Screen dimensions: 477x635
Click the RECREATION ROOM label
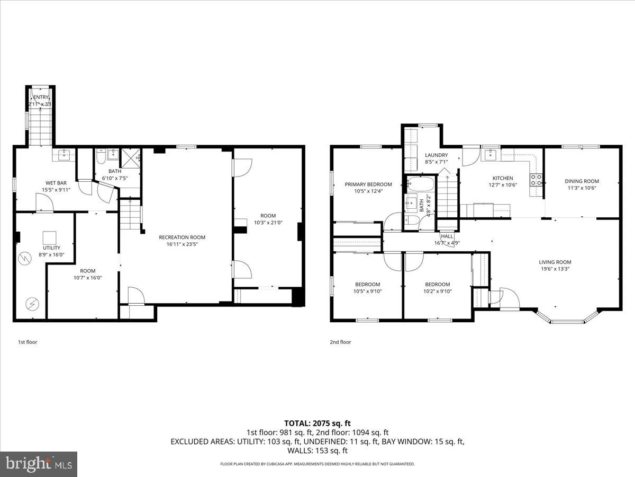pos(182,237)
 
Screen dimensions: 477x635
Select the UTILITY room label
pos(51,248)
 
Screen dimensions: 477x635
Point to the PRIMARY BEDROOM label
pos(368,184)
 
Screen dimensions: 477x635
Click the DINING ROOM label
pos(582,181)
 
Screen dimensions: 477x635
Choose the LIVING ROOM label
pos(555,262)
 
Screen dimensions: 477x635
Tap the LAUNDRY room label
pos(436,155)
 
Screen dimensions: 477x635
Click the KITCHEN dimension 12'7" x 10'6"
pos(503,185)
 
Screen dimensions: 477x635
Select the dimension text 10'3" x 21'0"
pos(268,223)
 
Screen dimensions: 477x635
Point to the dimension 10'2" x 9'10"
pos(438,291)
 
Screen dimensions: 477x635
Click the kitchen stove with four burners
pos(537,179)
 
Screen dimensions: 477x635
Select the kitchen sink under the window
pos(491,155)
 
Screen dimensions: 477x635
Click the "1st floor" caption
pos(28,342)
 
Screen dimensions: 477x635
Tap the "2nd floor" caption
pos(340,342)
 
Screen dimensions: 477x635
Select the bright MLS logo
pos(39,464)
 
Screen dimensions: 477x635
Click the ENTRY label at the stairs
pos(41,98)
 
